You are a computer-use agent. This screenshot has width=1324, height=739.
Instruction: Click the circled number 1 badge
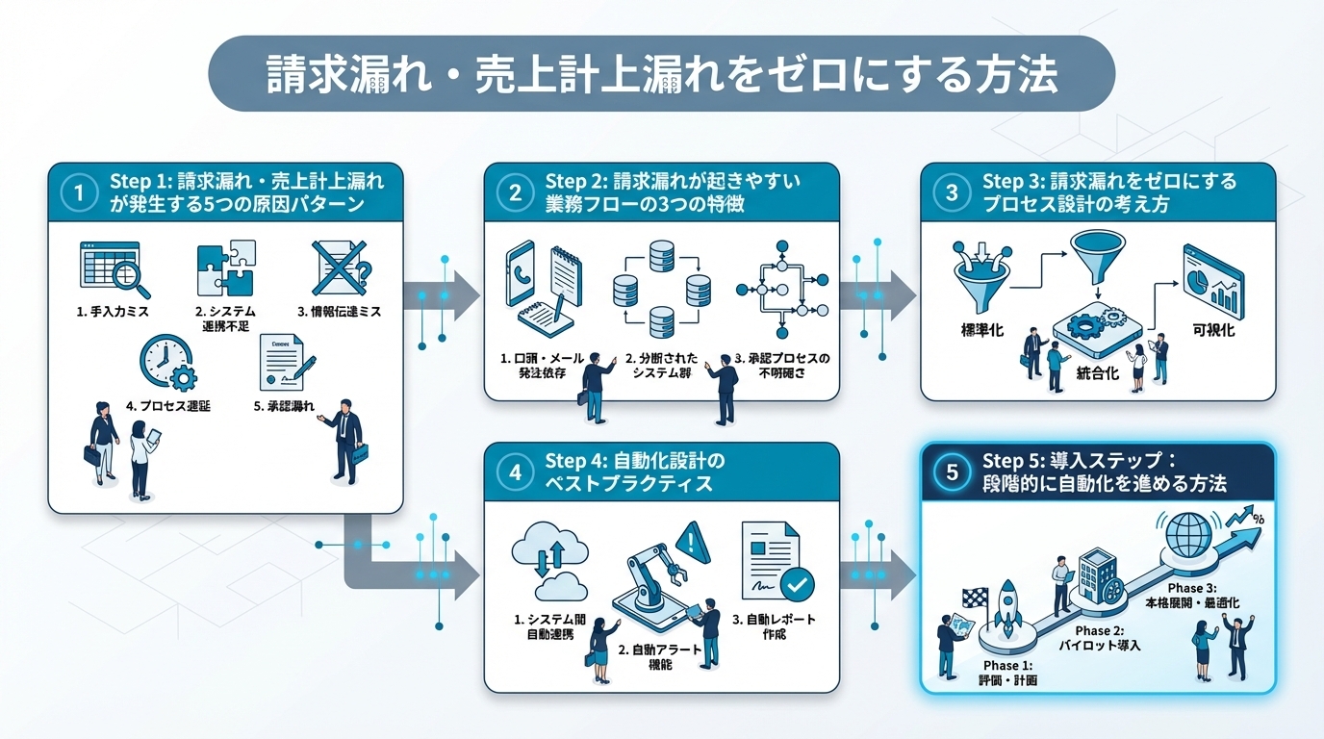point(79,192)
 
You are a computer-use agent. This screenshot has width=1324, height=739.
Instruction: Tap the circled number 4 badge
point(515,471)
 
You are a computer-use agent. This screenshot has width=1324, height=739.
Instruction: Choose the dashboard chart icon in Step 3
point(1211,276)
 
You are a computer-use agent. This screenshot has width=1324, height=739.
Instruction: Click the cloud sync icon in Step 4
point(550,562)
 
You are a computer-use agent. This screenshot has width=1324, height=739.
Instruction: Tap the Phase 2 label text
point(1107,637)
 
